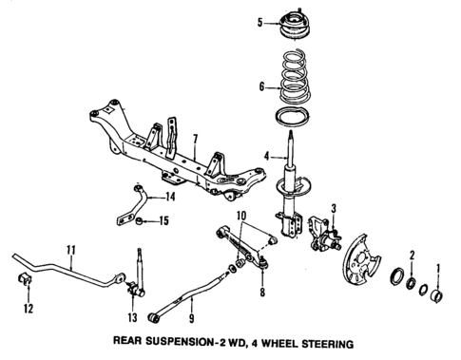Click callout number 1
tap(438, 268)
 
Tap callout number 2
tap(412, 255)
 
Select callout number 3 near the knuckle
tap(334, 208)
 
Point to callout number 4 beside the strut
tap(269, 156)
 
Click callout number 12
tap(27, 310)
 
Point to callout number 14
tap(171, 198)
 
